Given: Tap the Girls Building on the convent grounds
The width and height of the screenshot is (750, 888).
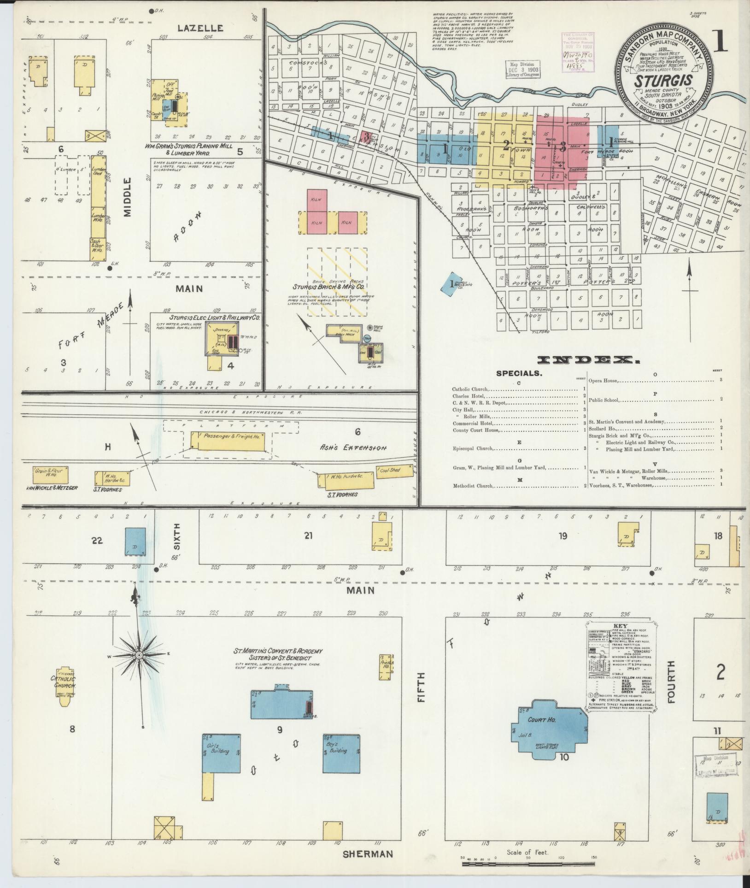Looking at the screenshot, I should point(221,753).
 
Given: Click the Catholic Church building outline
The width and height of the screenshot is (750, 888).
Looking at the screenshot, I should point(66,682).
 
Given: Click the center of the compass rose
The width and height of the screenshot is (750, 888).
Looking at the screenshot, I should point(138,655).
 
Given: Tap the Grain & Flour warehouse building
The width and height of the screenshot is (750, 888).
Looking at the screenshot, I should point(50,473).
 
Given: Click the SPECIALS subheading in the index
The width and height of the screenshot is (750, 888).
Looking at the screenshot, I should point(519,374).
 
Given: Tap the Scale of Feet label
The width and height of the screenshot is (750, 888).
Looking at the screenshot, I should point(527,852).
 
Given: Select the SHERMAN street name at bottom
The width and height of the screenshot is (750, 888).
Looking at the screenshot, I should point(368,853).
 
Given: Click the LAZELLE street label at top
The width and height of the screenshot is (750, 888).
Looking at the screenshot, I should point(200,29).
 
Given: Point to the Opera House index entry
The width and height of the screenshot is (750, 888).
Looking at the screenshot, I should point(604,381).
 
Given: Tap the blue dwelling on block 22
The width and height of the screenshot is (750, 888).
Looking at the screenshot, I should point(135,541).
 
